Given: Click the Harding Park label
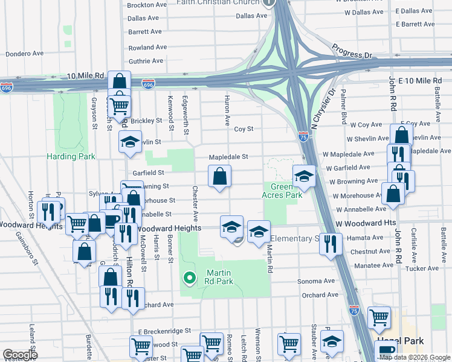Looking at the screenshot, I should click(71, 157).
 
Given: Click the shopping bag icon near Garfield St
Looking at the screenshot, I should click(220, 177).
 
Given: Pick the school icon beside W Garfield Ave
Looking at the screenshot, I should click(304, 176).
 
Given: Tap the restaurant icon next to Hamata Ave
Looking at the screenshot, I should click(330, 244).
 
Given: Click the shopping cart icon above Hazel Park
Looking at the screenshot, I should click(379, 317).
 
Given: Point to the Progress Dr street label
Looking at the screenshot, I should click(352, 51).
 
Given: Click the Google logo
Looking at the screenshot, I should click(19, 355).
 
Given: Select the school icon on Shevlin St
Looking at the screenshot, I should click(129, 142).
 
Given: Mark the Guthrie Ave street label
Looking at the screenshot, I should click(146, 61).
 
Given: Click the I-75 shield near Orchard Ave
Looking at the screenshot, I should click(354, 310).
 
